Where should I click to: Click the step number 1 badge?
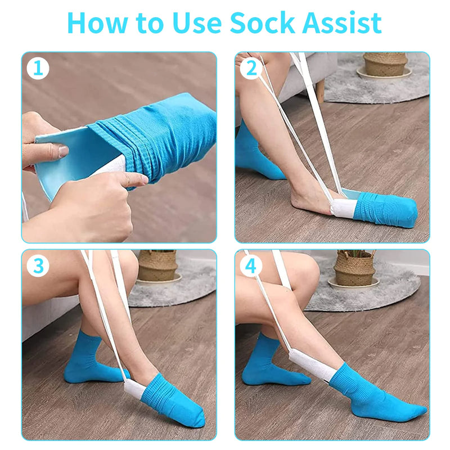(x=38, y=69)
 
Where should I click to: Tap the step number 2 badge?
(x=250, y=69)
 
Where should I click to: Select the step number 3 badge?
(x=38, y=266)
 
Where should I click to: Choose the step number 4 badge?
(x=250, y=266)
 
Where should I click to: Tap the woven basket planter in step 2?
(x=384, y=64)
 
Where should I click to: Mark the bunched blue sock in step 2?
(x=385, y=209)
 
